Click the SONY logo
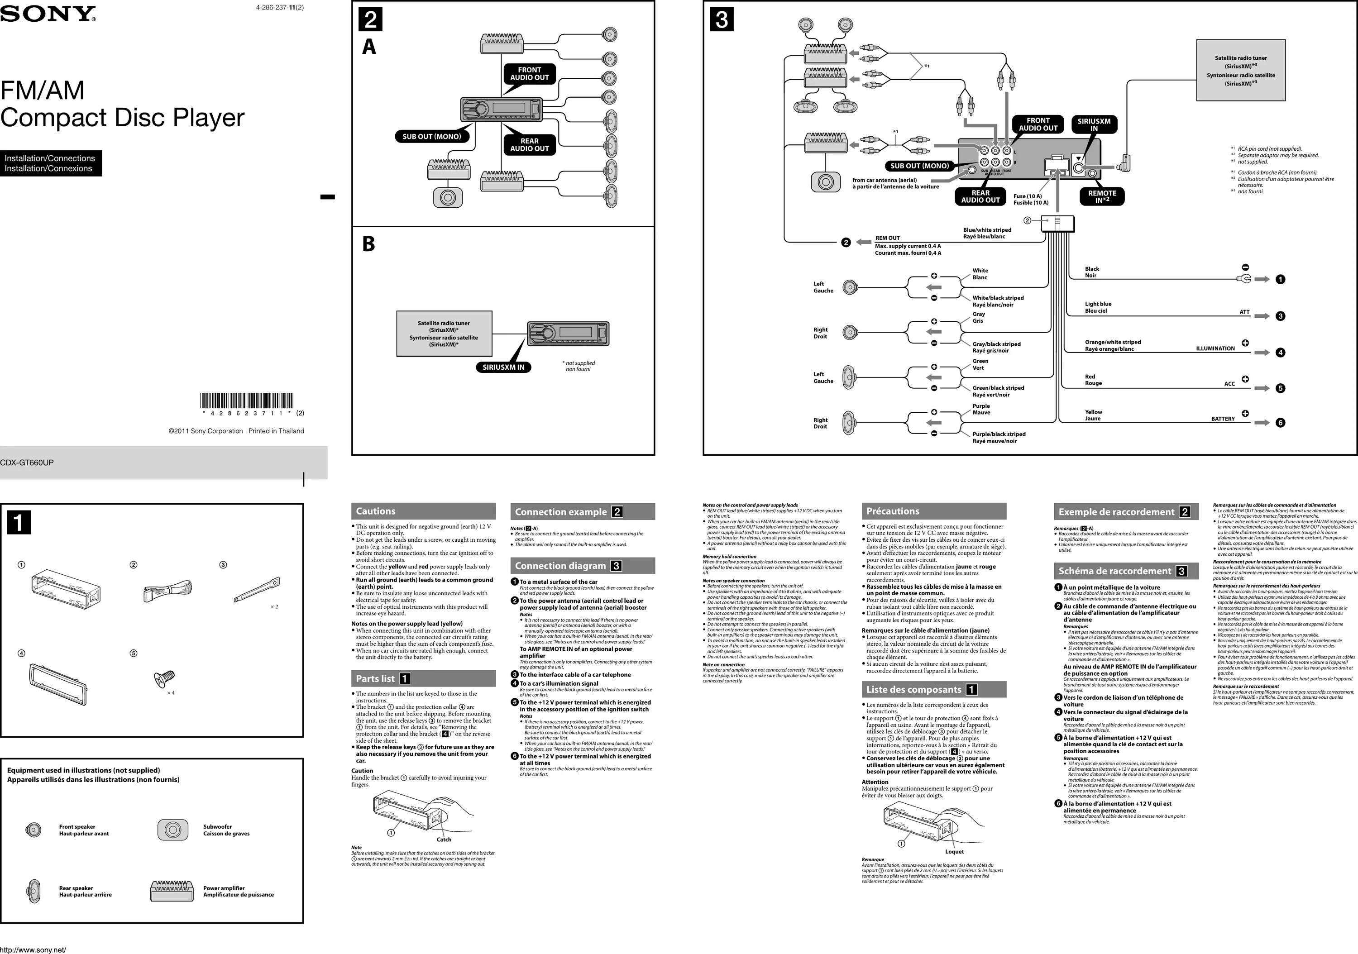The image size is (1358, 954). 48,14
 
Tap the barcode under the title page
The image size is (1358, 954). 247,401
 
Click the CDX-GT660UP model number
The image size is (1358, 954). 27,463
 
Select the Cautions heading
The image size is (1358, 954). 376,511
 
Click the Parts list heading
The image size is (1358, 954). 376,678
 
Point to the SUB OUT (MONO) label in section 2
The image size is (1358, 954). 432,137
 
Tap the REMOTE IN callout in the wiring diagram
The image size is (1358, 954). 1102,196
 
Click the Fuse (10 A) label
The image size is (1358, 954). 1028,196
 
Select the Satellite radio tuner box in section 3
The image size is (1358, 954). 1241,71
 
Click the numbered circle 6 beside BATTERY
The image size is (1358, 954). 1281,423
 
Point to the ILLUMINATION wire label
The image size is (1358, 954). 1215,348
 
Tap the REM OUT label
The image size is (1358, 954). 887,238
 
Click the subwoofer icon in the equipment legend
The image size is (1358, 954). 173,830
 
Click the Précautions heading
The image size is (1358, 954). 893,511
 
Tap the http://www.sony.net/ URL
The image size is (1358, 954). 33,950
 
